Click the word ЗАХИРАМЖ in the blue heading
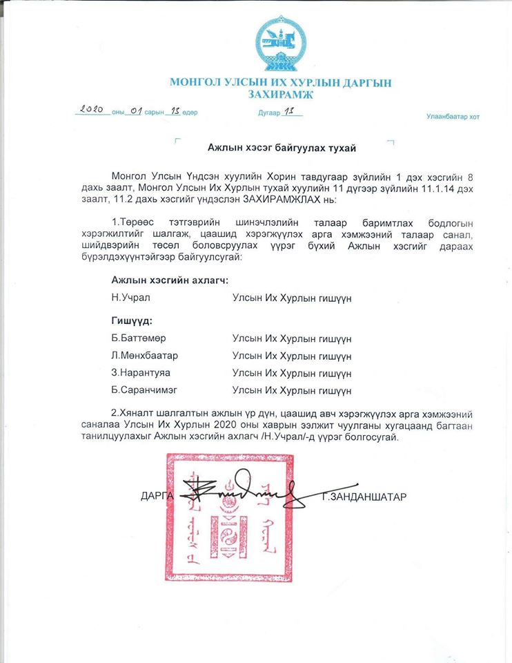[279, 95]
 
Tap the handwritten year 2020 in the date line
[92, 109]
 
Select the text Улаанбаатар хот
[453, 117]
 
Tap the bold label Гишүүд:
[132, 321]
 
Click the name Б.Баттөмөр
[139, 339]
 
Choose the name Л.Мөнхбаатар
[145, 356]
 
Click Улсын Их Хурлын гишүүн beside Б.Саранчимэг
[292, 391]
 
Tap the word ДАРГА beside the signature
[158, 496]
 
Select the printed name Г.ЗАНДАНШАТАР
[364, 496]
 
